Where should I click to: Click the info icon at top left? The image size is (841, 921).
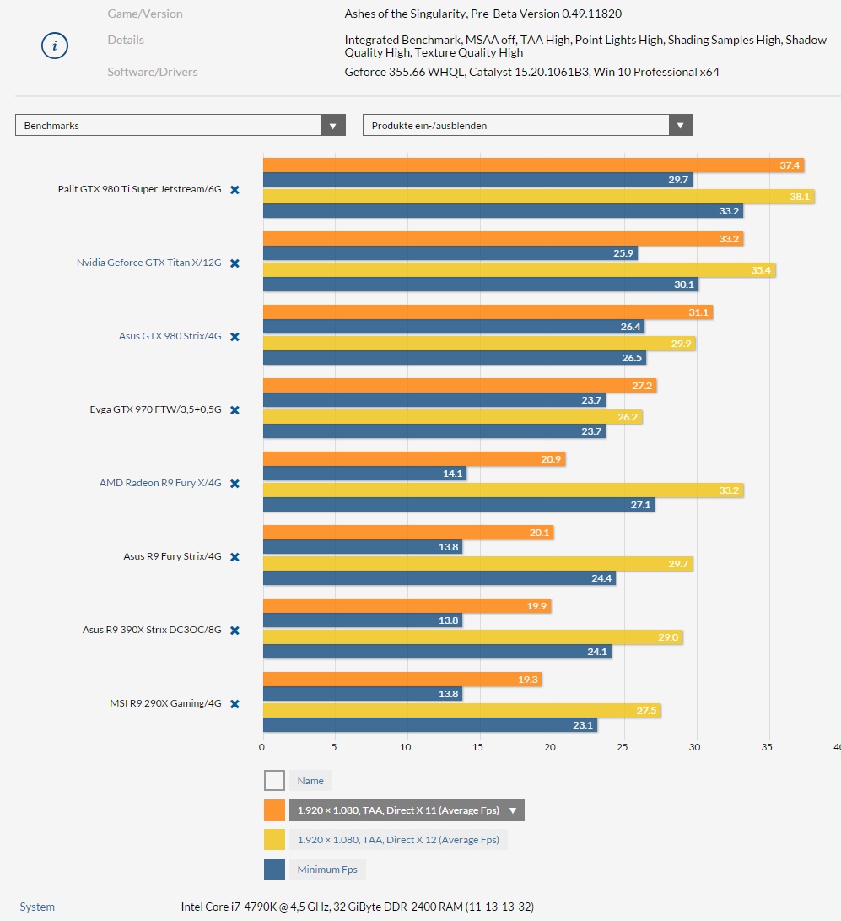coord(54,46)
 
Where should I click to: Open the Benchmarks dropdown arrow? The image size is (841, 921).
coord(334,126)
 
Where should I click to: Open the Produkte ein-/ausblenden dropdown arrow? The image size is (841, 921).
coord(681,126)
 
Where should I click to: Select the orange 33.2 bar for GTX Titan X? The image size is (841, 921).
coord(503,239)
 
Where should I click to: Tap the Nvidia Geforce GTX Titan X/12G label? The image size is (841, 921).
coord(148,263)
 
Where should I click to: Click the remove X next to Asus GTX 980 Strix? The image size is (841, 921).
coord(235,337)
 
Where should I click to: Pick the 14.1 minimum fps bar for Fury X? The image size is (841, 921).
coord(364,474)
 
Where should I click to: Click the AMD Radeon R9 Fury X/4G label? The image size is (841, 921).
coord(160,484)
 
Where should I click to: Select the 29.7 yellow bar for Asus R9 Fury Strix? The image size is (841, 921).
coord(477,563)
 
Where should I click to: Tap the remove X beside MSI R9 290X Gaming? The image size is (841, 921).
coord(235,704)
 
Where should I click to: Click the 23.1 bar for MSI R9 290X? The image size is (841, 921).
coord(429,724)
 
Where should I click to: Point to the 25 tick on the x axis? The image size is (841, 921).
coord(623,747)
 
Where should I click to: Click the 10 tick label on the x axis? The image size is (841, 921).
coord(407,747)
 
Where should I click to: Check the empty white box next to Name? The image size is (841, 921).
coord(274,780)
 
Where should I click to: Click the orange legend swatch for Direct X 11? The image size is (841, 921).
coord(274,810)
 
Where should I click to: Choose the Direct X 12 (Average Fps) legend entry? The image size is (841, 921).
coord(398,840)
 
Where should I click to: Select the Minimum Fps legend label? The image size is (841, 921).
coord(327,870)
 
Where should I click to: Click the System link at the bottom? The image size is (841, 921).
coord(37,907)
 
